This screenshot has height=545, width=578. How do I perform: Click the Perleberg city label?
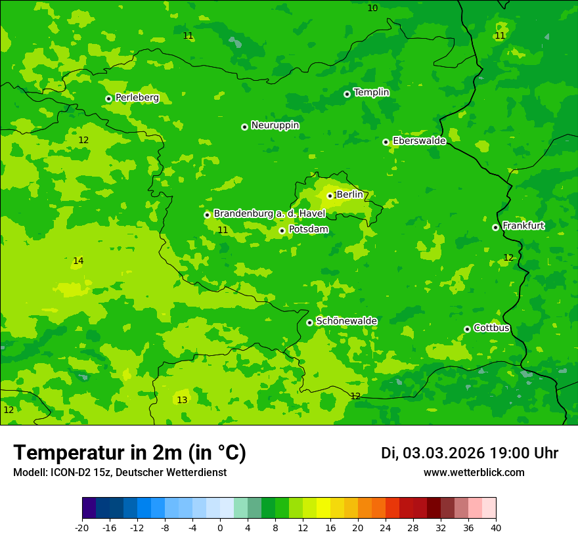(x=137, y=98)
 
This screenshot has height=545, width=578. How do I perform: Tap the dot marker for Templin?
(x=347, y=94)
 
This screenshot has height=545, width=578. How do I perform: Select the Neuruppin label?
(x=275, y=125)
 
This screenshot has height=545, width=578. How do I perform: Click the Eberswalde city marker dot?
(x=386, y=142)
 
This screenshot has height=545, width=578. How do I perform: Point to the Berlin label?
(x=349, y=195)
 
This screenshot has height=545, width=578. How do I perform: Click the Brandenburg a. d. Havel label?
(x=269, y=214)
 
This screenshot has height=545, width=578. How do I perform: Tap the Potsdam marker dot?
(x=282, y=230)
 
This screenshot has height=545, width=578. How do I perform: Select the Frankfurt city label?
(x=523, y=226)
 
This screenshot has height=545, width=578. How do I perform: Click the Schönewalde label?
(x=346, y=321)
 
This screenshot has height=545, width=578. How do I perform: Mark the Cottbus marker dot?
(x=467, y=329)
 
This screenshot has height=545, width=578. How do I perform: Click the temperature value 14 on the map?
(x=78, y=261)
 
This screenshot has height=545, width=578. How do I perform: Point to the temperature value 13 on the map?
(x=182, y=401)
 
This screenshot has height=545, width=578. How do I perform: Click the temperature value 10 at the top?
(x=372, y=9)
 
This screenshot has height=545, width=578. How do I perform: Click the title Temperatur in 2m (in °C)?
(x=129, y=453)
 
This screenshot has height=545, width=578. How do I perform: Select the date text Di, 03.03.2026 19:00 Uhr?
(x=469, y=453)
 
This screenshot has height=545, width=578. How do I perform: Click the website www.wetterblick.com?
(x=474, y=473)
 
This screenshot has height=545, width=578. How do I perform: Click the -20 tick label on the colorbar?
(x=82, y=528)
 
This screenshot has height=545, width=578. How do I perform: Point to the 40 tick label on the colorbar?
(x=496, y=528)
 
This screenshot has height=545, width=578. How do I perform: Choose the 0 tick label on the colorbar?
(x=220, y=528)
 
